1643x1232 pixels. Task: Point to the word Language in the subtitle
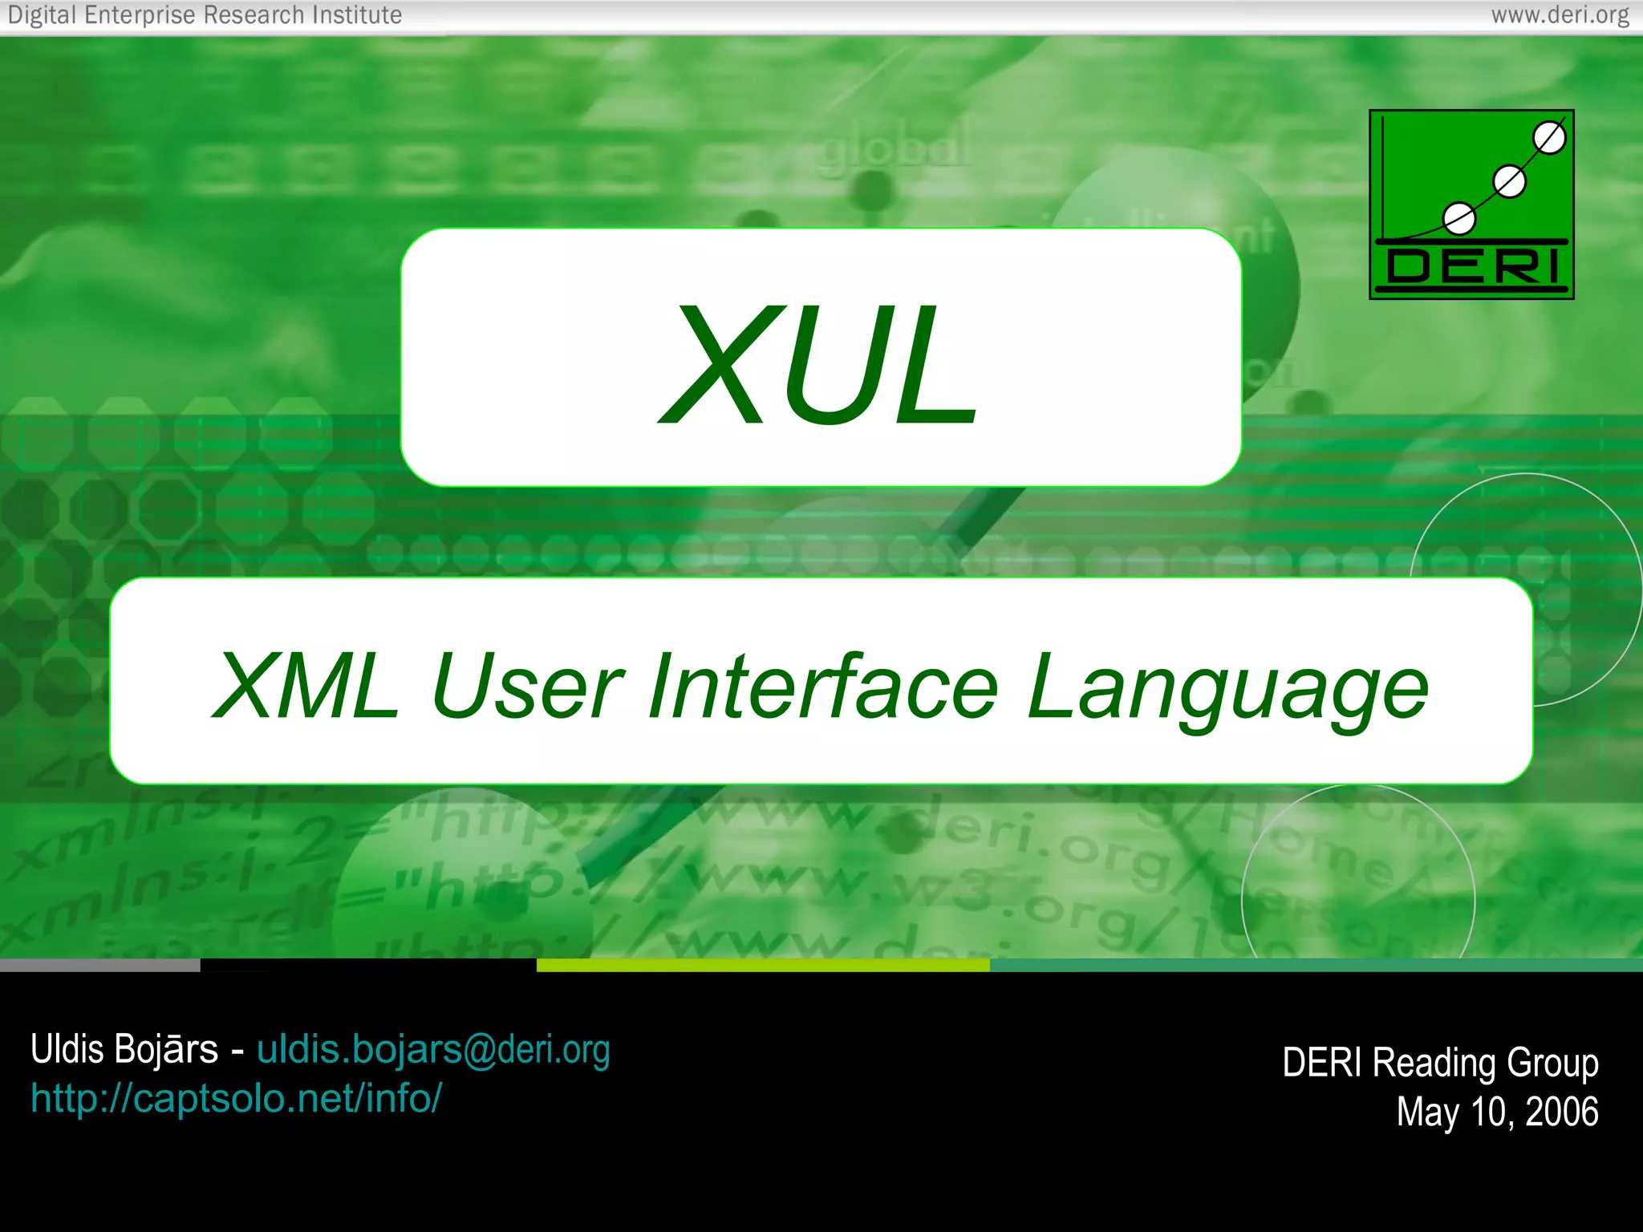(1227, 690)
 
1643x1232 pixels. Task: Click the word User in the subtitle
(526, 687)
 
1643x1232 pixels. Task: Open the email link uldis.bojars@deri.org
(433, 1049)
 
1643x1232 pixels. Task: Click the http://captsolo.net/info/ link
(236, 1098)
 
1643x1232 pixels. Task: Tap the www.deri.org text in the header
(1560, 15)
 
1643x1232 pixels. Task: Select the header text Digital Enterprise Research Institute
(205, 15)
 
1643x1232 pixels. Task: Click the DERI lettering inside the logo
(1472, 267)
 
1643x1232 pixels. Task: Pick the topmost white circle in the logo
(1549, 138)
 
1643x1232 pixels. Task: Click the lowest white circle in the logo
(1458, 218)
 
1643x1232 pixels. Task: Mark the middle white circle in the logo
(1510, 182)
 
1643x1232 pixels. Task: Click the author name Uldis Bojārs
(124, 1049)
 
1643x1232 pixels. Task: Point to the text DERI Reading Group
(1440, 1063)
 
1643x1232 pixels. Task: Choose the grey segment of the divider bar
(99, 966)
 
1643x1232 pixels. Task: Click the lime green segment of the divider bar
(762, 966)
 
